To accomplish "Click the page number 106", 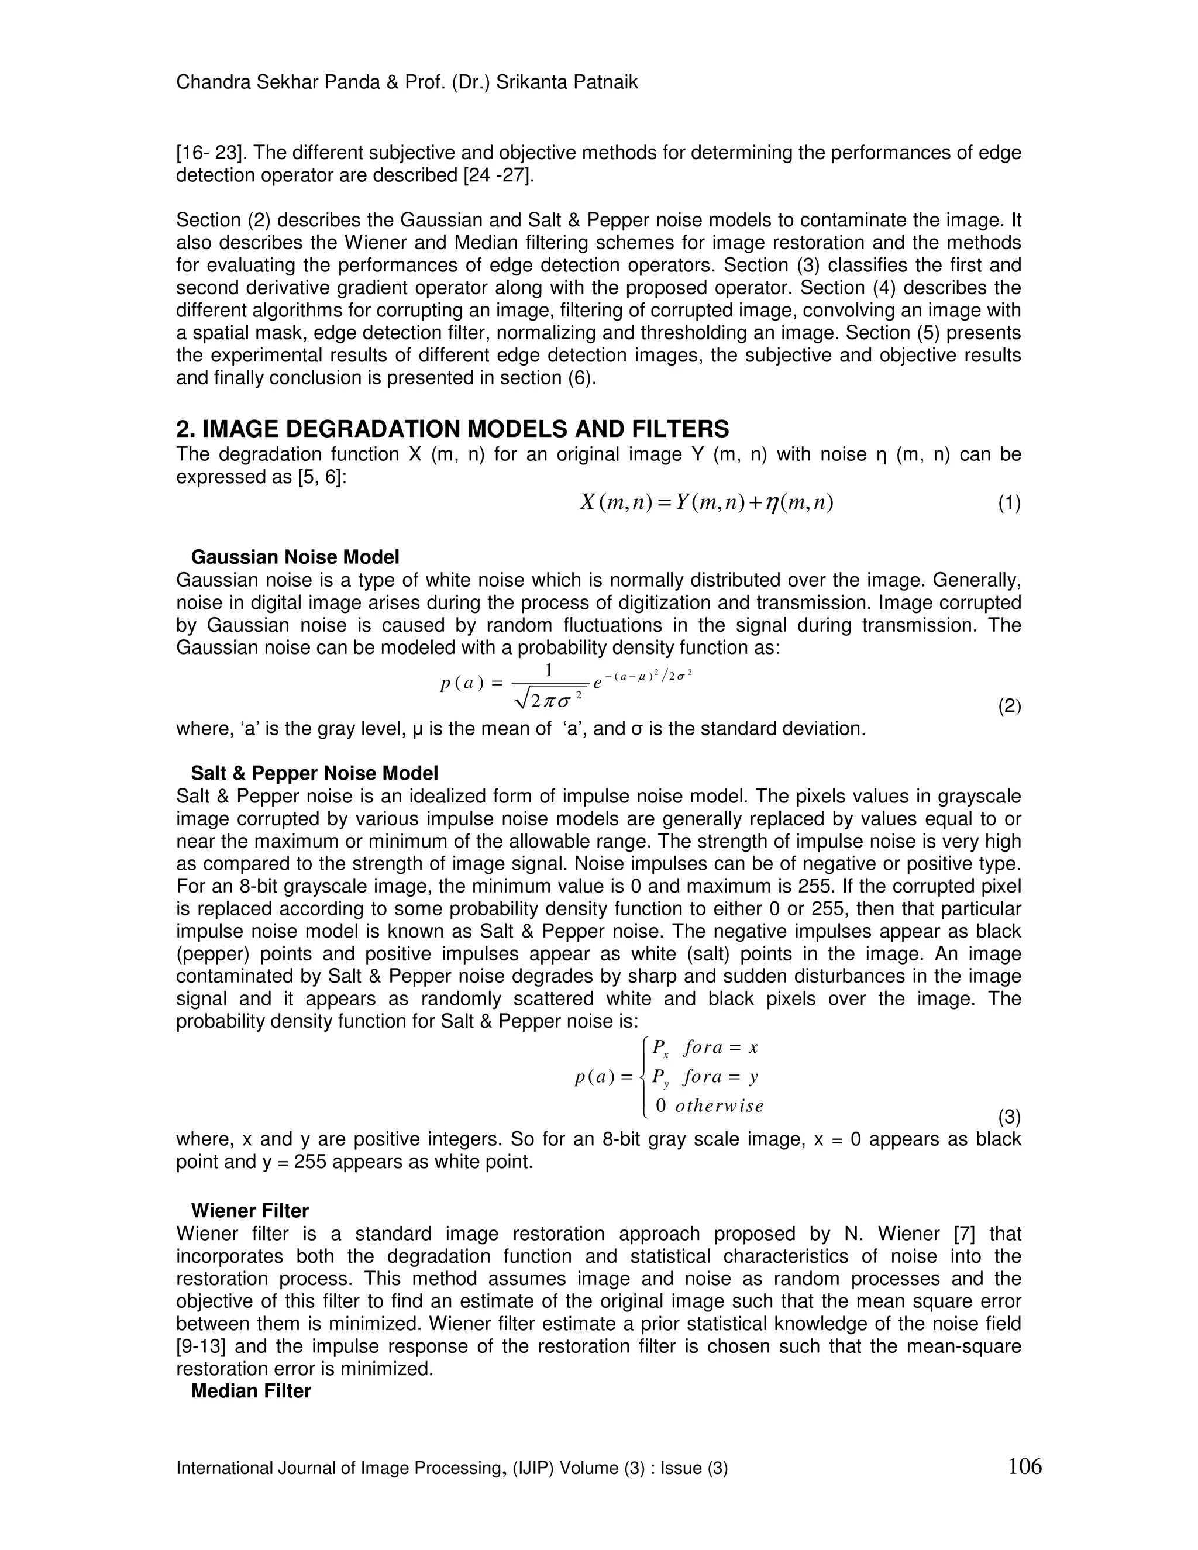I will point(1024,1465).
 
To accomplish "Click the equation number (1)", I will point(1008,504).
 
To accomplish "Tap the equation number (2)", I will point(1008,707).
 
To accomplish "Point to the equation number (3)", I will point(1008,1117).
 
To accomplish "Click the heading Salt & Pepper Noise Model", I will point(314,773).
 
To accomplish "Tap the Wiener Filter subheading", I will point(249,1211).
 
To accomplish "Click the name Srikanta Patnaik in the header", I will point(566,82).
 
